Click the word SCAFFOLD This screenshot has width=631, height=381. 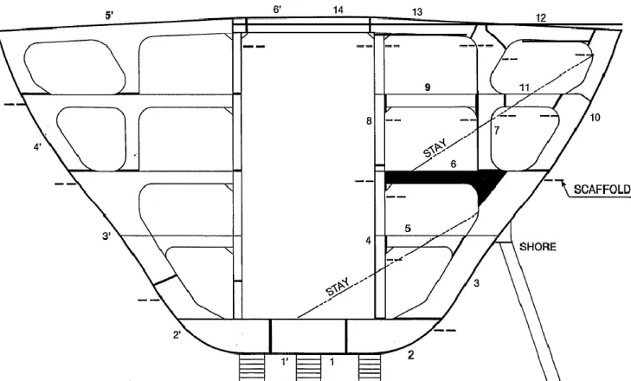602,190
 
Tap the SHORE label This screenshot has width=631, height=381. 538,247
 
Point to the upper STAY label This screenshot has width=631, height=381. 435,148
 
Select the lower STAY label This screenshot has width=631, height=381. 338,287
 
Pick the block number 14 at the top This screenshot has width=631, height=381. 338,10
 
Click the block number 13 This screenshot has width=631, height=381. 417,12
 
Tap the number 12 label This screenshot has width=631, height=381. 541,17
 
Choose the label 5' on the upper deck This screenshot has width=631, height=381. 109,16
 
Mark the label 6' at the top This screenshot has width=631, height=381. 277,10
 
